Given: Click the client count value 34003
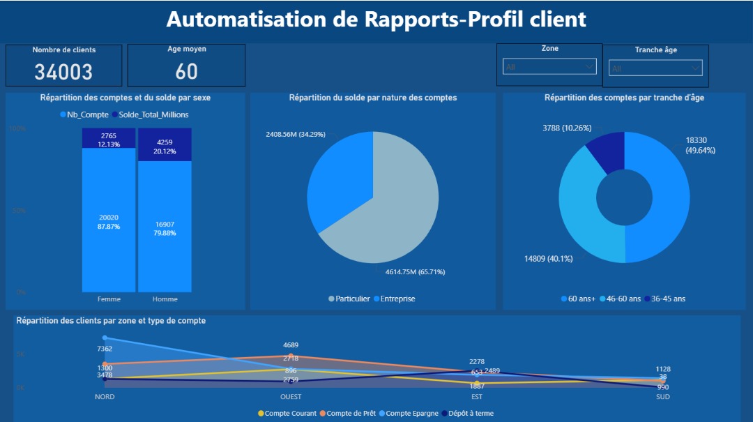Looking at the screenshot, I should coord(63,71).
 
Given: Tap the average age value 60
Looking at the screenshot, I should coord(186,71).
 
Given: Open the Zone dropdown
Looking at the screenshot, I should coord(549,67).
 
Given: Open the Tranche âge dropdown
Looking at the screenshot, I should coord(655,68).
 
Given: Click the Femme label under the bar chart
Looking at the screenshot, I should coord(109,299).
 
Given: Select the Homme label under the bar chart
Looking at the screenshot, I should coord(165,299).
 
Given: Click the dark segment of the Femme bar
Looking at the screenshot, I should coord(109,138).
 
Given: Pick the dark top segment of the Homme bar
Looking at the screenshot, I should coord(165,144).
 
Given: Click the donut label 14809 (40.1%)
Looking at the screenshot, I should coord(548,259).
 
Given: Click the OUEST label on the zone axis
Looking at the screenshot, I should coord(291,397).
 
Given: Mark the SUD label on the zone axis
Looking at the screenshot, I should coord(664,397).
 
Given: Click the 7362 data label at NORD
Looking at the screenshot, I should coord(105,349).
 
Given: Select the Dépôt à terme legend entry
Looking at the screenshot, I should coord(471,413).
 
